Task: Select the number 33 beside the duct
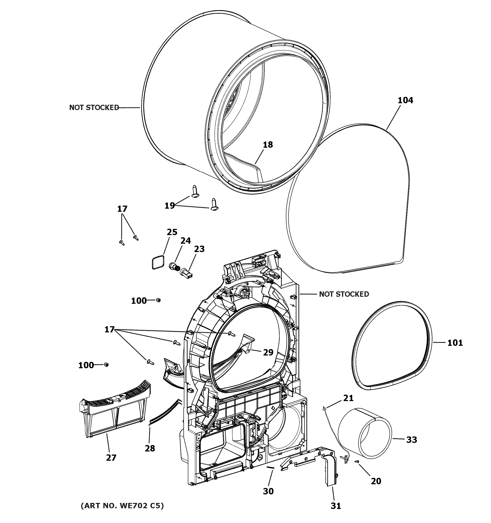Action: [412, 439]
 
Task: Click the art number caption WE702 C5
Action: [122, 505]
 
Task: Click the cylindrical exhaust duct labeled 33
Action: [364, 433]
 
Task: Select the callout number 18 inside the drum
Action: [268, 144]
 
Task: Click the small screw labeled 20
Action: [357, 461]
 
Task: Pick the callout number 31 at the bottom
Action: [336, 506]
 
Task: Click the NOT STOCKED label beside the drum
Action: [94, 107]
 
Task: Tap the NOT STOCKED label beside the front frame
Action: [344, 294]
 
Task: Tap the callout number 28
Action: [150, 448]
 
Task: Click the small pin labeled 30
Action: [271, 467]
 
